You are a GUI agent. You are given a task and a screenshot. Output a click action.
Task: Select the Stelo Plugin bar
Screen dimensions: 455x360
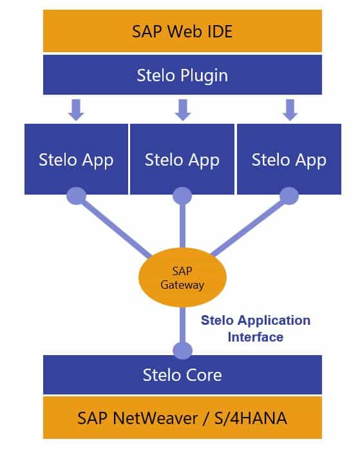pos(182,75)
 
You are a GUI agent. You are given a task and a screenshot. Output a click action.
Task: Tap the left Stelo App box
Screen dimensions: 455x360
pos(76,159)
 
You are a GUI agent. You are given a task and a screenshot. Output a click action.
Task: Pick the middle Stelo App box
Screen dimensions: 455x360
pos(182,159)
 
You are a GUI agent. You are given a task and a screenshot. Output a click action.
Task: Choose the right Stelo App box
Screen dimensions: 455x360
pos(289,159)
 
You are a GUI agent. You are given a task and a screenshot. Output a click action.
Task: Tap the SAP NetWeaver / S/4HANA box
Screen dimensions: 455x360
pos(182,417)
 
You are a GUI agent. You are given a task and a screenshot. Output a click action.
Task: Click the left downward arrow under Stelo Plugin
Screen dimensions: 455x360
pos(77,109)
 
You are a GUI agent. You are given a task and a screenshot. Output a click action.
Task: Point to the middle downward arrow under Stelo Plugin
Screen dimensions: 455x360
pos(183,109)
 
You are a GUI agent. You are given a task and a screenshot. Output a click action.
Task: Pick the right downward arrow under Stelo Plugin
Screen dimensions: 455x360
pos(290,109)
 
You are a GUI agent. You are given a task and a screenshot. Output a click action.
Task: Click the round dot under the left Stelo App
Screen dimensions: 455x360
pos(77,196)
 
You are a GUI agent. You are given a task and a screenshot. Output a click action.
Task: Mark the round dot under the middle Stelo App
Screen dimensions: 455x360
pos(182,196)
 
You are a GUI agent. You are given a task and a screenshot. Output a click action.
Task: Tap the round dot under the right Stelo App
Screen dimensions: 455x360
pos(289,196)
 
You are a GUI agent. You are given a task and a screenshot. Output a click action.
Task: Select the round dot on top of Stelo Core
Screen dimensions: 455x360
pos(182,351)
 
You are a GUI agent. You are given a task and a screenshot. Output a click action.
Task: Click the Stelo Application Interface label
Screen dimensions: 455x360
pos(255,328)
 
